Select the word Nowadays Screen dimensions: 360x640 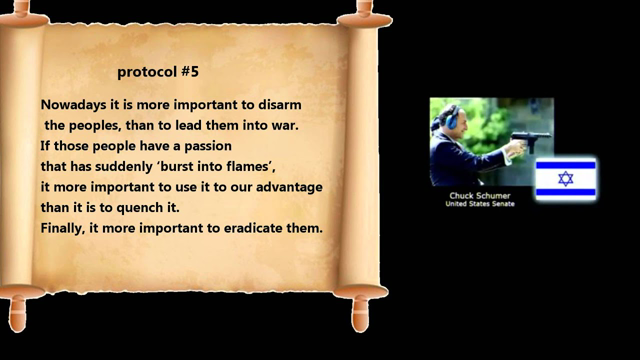pos(74,104)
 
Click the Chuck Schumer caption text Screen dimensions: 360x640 pos(475,196)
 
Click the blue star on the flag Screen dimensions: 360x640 pos(565,179)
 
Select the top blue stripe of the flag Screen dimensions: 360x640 pos(565,164)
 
